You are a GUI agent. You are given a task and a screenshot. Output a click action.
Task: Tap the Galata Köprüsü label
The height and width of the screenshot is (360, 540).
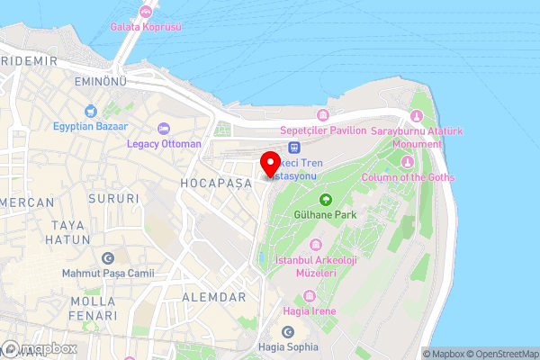[x=146, y=27]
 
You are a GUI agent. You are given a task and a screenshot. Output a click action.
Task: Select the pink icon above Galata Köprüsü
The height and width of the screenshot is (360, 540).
[x=146, y=12]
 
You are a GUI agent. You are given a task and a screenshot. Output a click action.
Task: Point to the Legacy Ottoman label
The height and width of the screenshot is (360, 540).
[x=164, y=143]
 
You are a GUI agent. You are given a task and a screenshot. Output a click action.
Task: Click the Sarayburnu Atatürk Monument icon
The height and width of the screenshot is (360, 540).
[x=416, y=116]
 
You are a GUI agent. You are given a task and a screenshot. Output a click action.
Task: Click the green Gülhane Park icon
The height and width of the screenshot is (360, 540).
[x=325, y=199]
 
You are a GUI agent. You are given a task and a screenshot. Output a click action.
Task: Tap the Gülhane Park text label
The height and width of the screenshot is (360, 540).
[x=326, y=215]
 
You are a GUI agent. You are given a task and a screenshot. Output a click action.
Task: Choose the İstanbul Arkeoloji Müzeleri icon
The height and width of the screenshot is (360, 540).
[x=316, y=245]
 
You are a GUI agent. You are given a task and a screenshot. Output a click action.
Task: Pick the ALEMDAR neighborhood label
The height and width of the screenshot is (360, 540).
[x=213, y=297]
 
